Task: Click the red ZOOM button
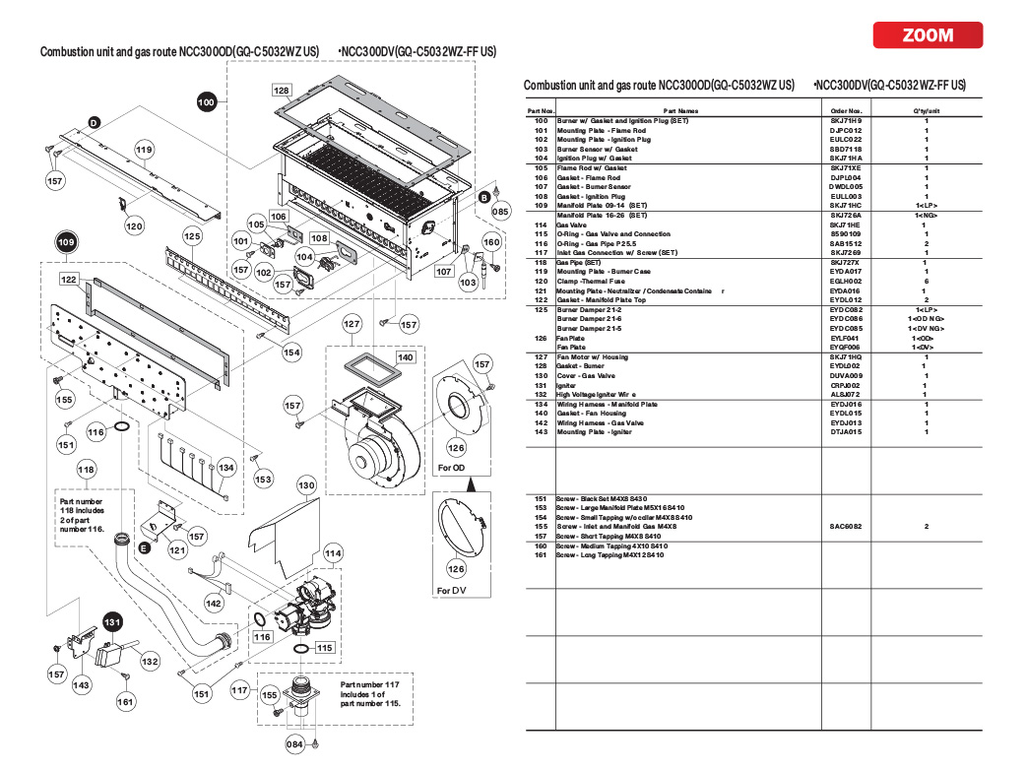pyautogui.click(x=928, y=35)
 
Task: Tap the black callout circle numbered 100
pyautogui.click(x=206, y=101)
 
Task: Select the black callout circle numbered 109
pyautogui.click(x=67, y=242)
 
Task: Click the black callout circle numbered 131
pyautogui.click(x=114, y=622)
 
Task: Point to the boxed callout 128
pyautogui.click(x=282, y=90)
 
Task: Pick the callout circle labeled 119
pyautogui.click(x=145, y=151)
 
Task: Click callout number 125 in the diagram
pyautogui.click(x=192, y=236)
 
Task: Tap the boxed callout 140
pyautogui.click(x=406, y=356)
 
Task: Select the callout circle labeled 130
pyautogui.click(x=306, y=485)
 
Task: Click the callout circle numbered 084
pyautogui.click(x=294, y=744)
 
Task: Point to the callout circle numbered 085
pyautogui.click(x=501, y=211)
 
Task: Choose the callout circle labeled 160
pyautogui.click(x=491, y=241)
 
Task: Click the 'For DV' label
pyautogui.click(x=451, y=591)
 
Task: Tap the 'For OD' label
pyautogui.click(x=452, y=467)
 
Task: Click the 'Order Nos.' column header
pyautogui.click(x=846, y=111)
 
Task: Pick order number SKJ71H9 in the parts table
pyautogui.click(x=845, y=120)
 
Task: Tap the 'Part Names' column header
pyautogui.click(x=681, y=111)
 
